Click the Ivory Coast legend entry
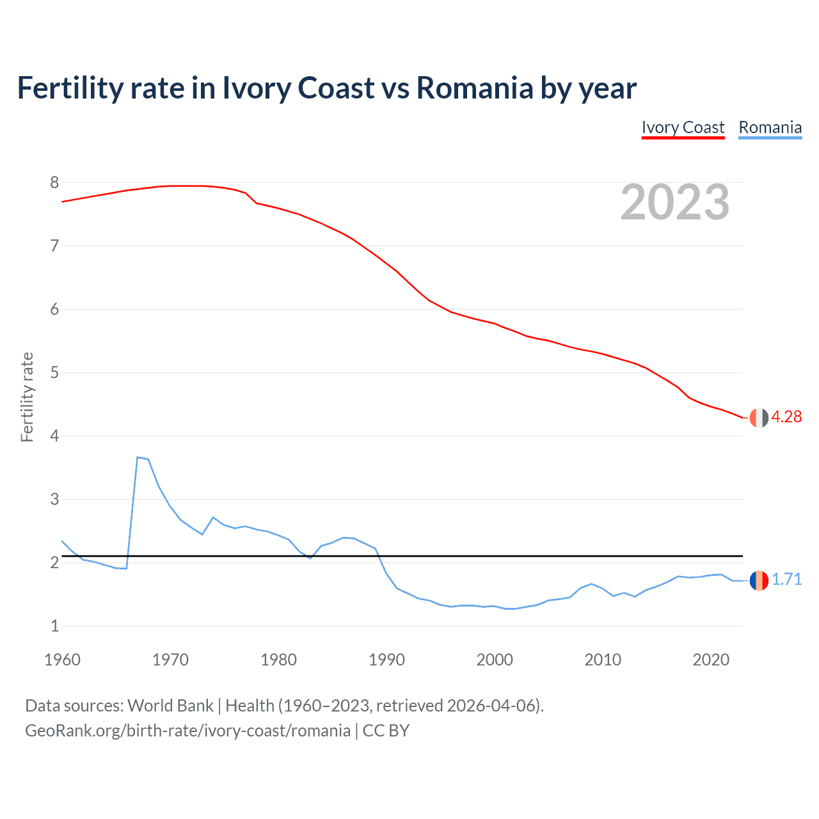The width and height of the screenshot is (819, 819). pyautogui.click(x=683, y=127)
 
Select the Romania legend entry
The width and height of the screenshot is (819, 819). pyautogui.click(x=770, y=127)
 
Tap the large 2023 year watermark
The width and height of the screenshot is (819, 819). pyautogui.click(x=675, y=202)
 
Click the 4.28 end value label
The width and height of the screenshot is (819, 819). pyautogui.click(x=786, y=417)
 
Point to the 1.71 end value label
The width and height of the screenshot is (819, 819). pyautogui.click(x=786, y=579)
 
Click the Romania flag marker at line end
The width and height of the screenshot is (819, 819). pyautogui.click(x=759, y=580)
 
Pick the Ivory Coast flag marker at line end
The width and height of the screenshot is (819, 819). pyautogui.click(x=759, y=417)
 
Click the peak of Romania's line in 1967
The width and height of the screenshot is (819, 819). pyautogui.click(x=138, y=457)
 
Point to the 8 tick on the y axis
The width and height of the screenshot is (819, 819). pyautogui.click(x=54, y=183)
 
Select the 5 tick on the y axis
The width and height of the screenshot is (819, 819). pyautogui.click(x=54, y=372)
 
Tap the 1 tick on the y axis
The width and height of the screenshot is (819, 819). pyautogui.click(x=54, y=626)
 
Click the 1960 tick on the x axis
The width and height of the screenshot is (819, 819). pyautogui.click(x=62, y=660)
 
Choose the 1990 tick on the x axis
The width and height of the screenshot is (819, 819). pyautogui.click(x=386, y=660)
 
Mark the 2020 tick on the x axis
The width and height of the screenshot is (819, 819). pyautogui.click(x=711, y=660)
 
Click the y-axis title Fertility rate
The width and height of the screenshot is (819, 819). pyautogui.click(x=27, y=397)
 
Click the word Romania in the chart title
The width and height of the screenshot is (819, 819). pyautogui.click(x=474, y=88)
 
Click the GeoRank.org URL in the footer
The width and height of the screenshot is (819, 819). pyautogui.click(x=187, y=731)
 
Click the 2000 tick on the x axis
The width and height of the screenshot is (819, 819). pyautogui.click(x=495, y=660)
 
